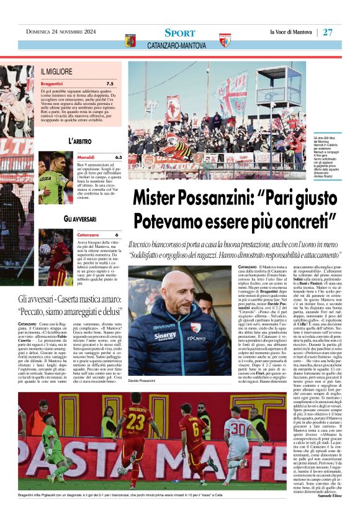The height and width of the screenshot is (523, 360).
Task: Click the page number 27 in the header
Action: point(328,32)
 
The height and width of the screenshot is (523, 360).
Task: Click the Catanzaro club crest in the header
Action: point(130,41)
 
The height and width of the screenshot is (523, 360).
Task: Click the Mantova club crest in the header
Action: point(225,41)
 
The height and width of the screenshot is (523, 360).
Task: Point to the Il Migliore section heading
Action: point(57,72)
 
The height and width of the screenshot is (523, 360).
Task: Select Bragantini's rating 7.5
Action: point(109,83)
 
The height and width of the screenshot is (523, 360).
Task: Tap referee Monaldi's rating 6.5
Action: point(117,158)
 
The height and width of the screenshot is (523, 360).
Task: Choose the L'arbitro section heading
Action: point(80,142)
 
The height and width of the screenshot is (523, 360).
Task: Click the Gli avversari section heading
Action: point(80,219)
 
